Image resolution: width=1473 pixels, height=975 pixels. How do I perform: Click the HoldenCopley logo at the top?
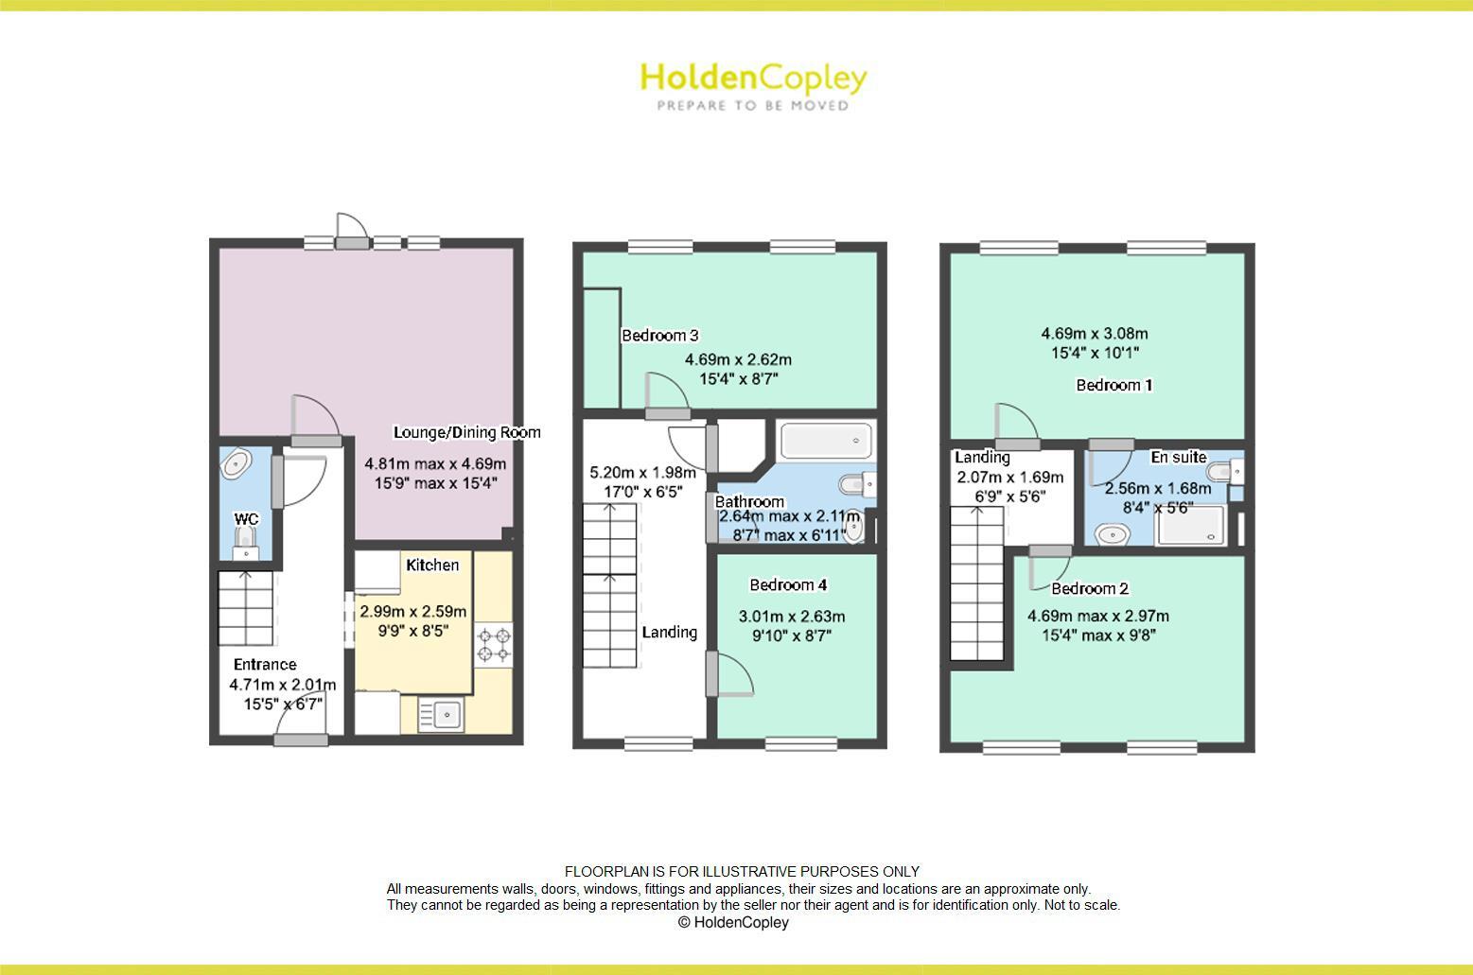tap(753, 78)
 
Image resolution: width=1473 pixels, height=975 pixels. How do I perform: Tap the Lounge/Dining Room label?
tap(466, 432)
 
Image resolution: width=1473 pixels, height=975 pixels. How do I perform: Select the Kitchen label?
tap(432, 565)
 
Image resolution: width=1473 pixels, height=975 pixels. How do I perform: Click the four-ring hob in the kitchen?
tap(493, 644)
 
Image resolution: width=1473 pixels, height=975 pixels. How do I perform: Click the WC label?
tap(246, 519)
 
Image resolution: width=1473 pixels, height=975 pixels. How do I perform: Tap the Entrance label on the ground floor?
tap(265, 664)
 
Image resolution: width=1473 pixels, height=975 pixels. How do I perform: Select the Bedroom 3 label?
tap(659, 335)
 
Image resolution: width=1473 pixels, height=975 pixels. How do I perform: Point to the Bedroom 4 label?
tap(788, 584)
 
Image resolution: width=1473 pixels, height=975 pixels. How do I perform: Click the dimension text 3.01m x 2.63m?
tap(792, 617)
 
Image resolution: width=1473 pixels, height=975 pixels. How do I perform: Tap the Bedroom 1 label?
tap(1114, 385)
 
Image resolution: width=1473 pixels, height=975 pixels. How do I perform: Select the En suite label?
tap(1178, 457)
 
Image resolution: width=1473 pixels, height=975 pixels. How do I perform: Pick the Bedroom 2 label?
tap(1090, 588)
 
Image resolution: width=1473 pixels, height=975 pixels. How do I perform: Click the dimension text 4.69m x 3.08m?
tap(1095, 333)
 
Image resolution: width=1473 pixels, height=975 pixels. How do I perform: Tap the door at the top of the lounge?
tap(352, 230)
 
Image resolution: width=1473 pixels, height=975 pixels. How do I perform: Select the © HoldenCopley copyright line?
tap(733, 922)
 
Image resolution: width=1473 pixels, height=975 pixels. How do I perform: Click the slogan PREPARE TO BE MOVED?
tap(753, 106)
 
